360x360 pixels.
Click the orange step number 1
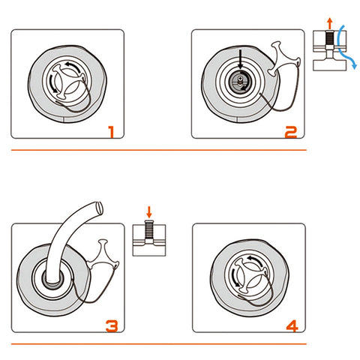pos(111,132)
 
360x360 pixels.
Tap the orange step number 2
pos(291,132)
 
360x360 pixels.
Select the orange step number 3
pos(112,325)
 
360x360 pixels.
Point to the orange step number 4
pos(292,325)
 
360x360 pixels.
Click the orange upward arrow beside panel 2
pos(330,23)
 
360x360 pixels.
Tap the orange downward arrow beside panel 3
pos(149,212)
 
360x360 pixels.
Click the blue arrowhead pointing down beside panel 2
pos(354,66)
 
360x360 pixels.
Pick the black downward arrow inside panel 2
pos(241,59)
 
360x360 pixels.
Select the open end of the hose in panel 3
pos(100,208)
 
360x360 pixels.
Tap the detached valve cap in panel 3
pos(103,254)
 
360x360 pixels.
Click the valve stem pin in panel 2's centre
pos(240,80)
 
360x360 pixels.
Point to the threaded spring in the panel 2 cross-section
pos(330,38)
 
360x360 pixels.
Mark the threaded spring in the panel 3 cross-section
pos(149,229)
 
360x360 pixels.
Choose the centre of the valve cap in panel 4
pos(249,276)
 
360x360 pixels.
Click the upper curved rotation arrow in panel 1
pos(74,67)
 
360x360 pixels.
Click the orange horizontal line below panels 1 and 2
pos(159,150)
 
